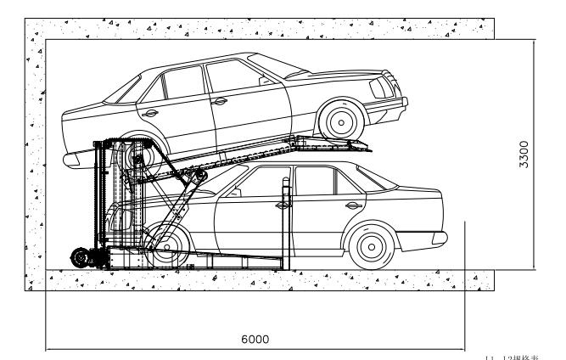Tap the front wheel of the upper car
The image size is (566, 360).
(341, 121)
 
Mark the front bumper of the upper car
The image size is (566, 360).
(402, 105)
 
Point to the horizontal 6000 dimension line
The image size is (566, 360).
(255, 348)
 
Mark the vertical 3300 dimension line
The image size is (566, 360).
(535, 154)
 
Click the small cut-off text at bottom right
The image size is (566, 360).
(513, 357)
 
